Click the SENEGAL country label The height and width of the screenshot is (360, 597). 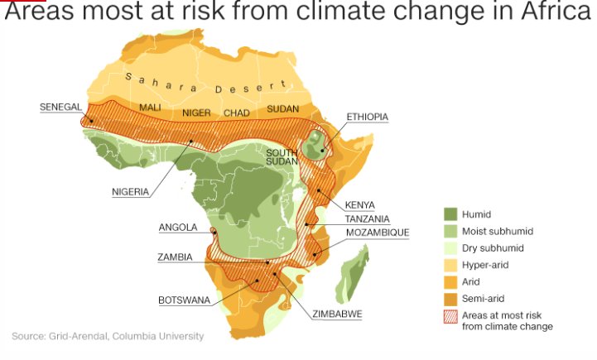pyautogui.click(x=60, y=107)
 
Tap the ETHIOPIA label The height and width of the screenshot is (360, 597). pyautogui.click(x=367, y=118)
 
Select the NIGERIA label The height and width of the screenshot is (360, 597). pyautogui.click(x=131, y=192)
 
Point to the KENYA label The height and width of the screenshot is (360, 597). pyautogui.click(x=359, y=205)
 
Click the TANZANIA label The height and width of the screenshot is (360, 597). pyautogui.click(x=367, y=219)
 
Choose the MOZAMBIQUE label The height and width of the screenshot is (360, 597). pyautogui.click(x=377, y=233)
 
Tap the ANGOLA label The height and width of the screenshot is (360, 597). pyautogui.click(x=178, y=228)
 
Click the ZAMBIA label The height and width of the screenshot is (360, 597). pyautogui.click(x=175, y=257)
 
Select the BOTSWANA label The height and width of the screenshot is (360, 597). pyautogui.click(x=185, y=300)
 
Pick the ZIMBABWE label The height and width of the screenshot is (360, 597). pyautogui.click(x=337, y=314)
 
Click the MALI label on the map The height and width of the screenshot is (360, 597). pyautogui.click(x=150, y=108)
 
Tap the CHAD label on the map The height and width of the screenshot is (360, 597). pyautogui.click(x=237, y=113)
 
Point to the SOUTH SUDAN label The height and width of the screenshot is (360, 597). pyautogui.click(x=282, y=156)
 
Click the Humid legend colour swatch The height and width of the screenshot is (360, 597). pyautogui.click(x=450, y=214)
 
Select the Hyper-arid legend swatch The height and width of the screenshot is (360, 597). pyautogui.click(x=450, y=265)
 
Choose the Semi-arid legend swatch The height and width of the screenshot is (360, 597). pyautogui.click(x=450, y=298)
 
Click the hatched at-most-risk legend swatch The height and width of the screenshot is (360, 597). pyautogui.click(x=450, y=315)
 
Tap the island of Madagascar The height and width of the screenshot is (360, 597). pyautogui.click(x=352, y=277)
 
